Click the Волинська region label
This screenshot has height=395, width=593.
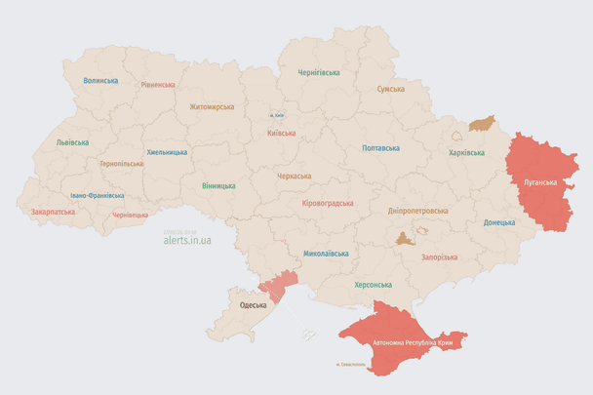pyautogui.click(x=100, y=81)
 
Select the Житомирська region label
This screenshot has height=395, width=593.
pyautogui.click(x=212, y=106)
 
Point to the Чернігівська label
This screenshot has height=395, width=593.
pyautogui.click(x=319, y=72)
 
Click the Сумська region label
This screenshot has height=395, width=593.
pyautogui.click(x=391, y=89)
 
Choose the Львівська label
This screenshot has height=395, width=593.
pyautogui.click(x=72, y=142)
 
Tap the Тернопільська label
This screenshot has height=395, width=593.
pyautogui.click(x=121, y=163)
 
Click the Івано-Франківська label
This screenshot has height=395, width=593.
pyautogui.click(x=97, y=195)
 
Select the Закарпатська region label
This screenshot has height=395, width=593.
pyautogui.click(x=53, y=211)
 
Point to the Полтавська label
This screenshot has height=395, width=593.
pyautogui.click(x=380, y=148)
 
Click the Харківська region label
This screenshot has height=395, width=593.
pyautogui.click(x=466, y=153)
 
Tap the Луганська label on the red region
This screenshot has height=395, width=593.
pyautogui.click(x=541, y=182)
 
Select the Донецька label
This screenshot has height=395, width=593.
pyautogui.click(x=499, y=222)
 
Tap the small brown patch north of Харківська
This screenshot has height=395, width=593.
pyautogui.click(x=482, y=124)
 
